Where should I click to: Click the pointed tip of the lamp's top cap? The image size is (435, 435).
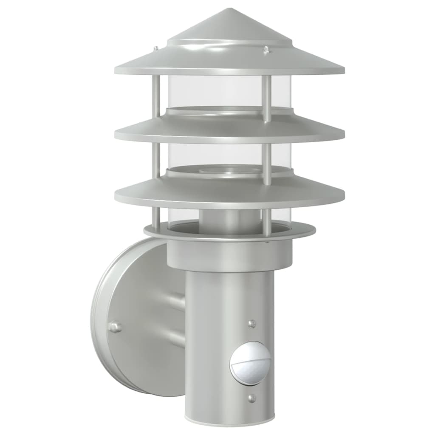pyautogui.click(x=230, y=9)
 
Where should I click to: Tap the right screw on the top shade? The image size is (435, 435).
pyautogui.click(x=266, y=50)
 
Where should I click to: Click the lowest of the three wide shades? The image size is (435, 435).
pyautogui.click(x=229, y=191)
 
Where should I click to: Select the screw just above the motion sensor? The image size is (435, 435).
pyautogui.click(x=252, y=324)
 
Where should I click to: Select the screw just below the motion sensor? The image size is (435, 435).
pyautogui.click(x=252, y=398)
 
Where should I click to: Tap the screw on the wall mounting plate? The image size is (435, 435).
pyautogui.click(x=114, y=327)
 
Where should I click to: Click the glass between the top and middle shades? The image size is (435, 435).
pyautogui.click(x=212, y=91)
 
